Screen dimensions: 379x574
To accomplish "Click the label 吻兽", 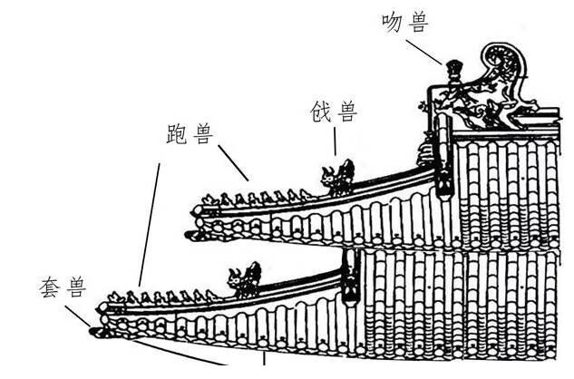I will (x=404, y=23).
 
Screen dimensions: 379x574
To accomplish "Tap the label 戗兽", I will (x=335, y=112).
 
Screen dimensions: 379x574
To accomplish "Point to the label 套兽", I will (x=63, y=289).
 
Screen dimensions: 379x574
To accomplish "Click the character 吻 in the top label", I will (x=393, y=23).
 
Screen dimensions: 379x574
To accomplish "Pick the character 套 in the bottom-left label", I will (x=52, y=289).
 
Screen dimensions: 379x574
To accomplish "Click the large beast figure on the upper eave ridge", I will (x=337, y=177).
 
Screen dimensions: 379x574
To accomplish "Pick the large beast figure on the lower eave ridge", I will (x=245, y=280).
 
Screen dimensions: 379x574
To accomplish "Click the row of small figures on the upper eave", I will (x=254, y=198).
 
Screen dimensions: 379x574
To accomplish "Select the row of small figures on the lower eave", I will (x=163, y=296).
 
